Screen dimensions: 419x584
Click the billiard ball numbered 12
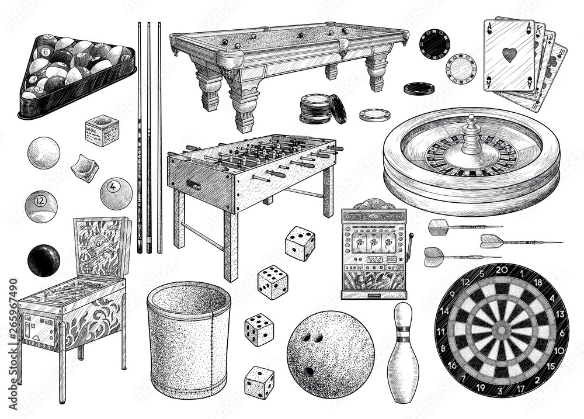pos(41,206)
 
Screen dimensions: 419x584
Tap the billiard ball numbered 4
pos(116,193)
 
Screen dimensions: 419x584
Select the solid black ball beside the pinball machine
pos(43,260)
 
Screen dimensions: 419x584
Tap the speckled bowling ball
pos(331,354)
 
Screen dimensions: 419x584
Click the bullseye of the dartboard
pos(500,330)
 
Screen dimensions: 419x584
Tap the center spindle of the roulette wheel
pos(471,134)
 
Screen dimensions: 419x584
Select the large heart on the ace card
pos(510,56)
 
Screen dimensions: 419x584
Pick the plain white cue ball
pos(43,153)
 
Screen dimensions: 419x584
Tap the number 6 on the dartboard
pos(561,334)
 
